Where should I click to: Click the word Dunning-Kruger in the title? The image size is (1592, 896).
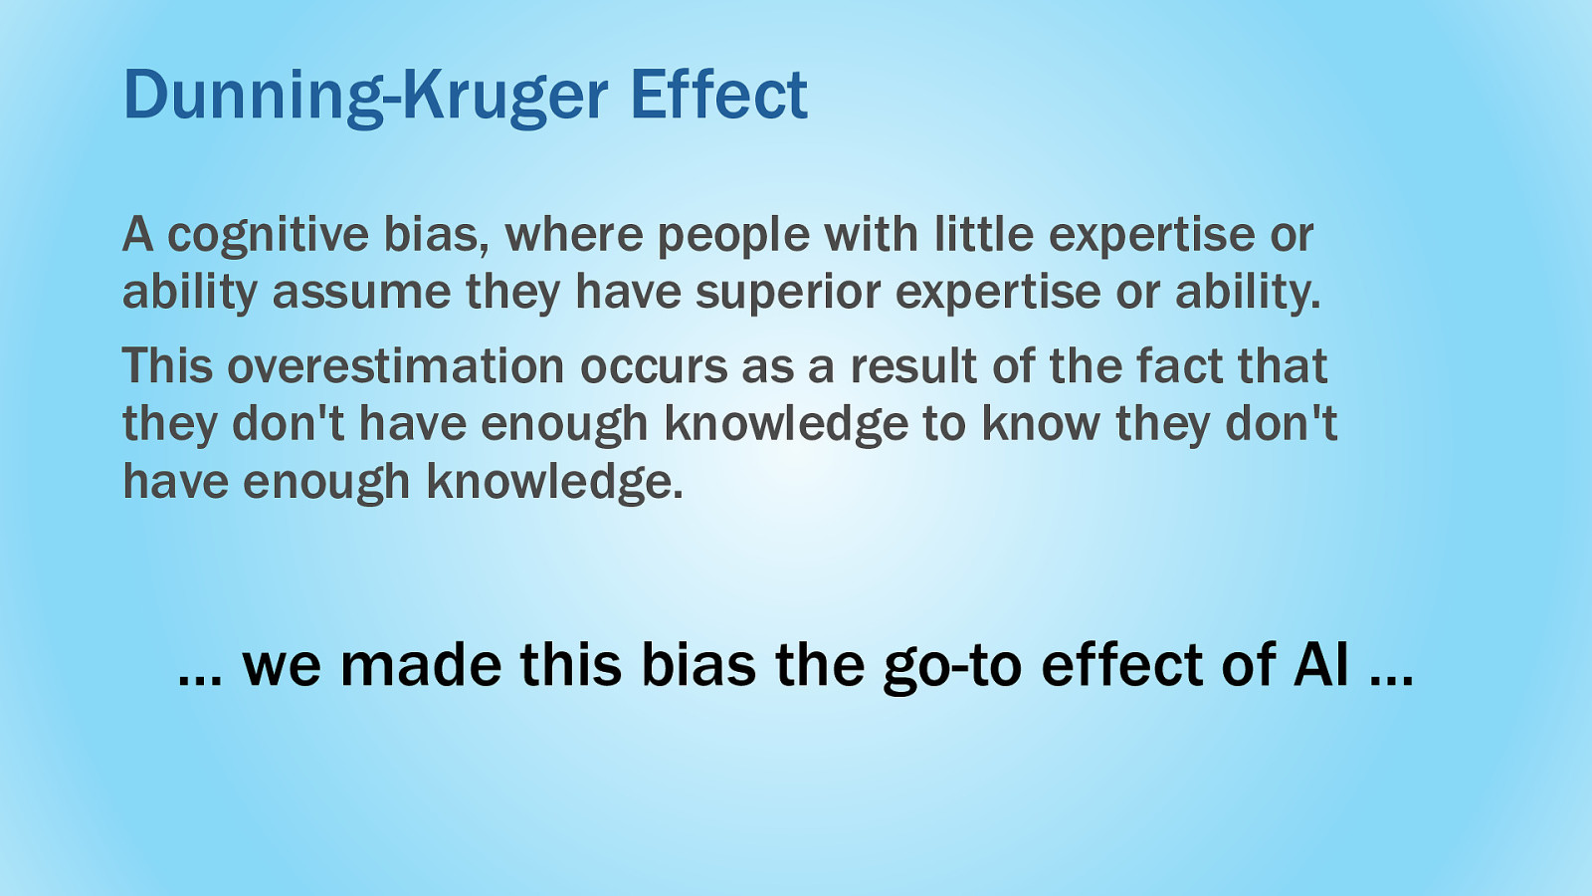(x=366, y=98)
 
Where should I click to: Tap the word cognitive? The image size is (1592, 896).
(x=269, y=236)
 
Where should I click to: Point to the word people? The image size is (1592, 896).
(x=733, y=236)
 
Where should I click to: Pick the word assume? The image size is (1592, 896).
(x=362, y=293)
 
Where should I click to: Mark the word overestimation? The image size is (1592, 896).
(x=396, y=366)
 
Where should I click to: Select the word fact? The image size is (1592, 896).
(x=1179, y=364)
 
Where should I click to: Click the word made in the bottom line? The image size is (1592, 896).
(x=421, y=664)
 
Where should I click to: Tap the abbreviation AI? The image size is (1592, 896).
(x=1321, y=664)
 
